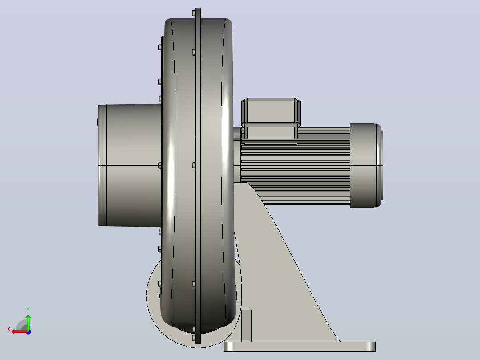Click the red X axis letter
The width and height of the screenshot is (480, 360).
9,329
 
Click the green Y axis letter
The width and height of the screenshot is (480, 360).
28,310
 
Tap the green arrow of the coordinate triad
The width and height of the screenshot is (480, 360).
28,322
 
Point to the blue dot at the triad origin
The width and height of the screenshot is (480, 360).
28,332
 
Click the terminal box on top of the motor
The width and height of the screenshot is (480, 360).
271,118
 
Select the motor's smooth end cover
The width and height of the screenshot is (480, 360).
366,165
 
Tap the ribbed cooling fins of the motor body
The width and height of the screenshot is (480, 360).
295,172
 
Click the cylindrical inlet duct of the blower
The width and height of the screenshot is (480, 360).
130,165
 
